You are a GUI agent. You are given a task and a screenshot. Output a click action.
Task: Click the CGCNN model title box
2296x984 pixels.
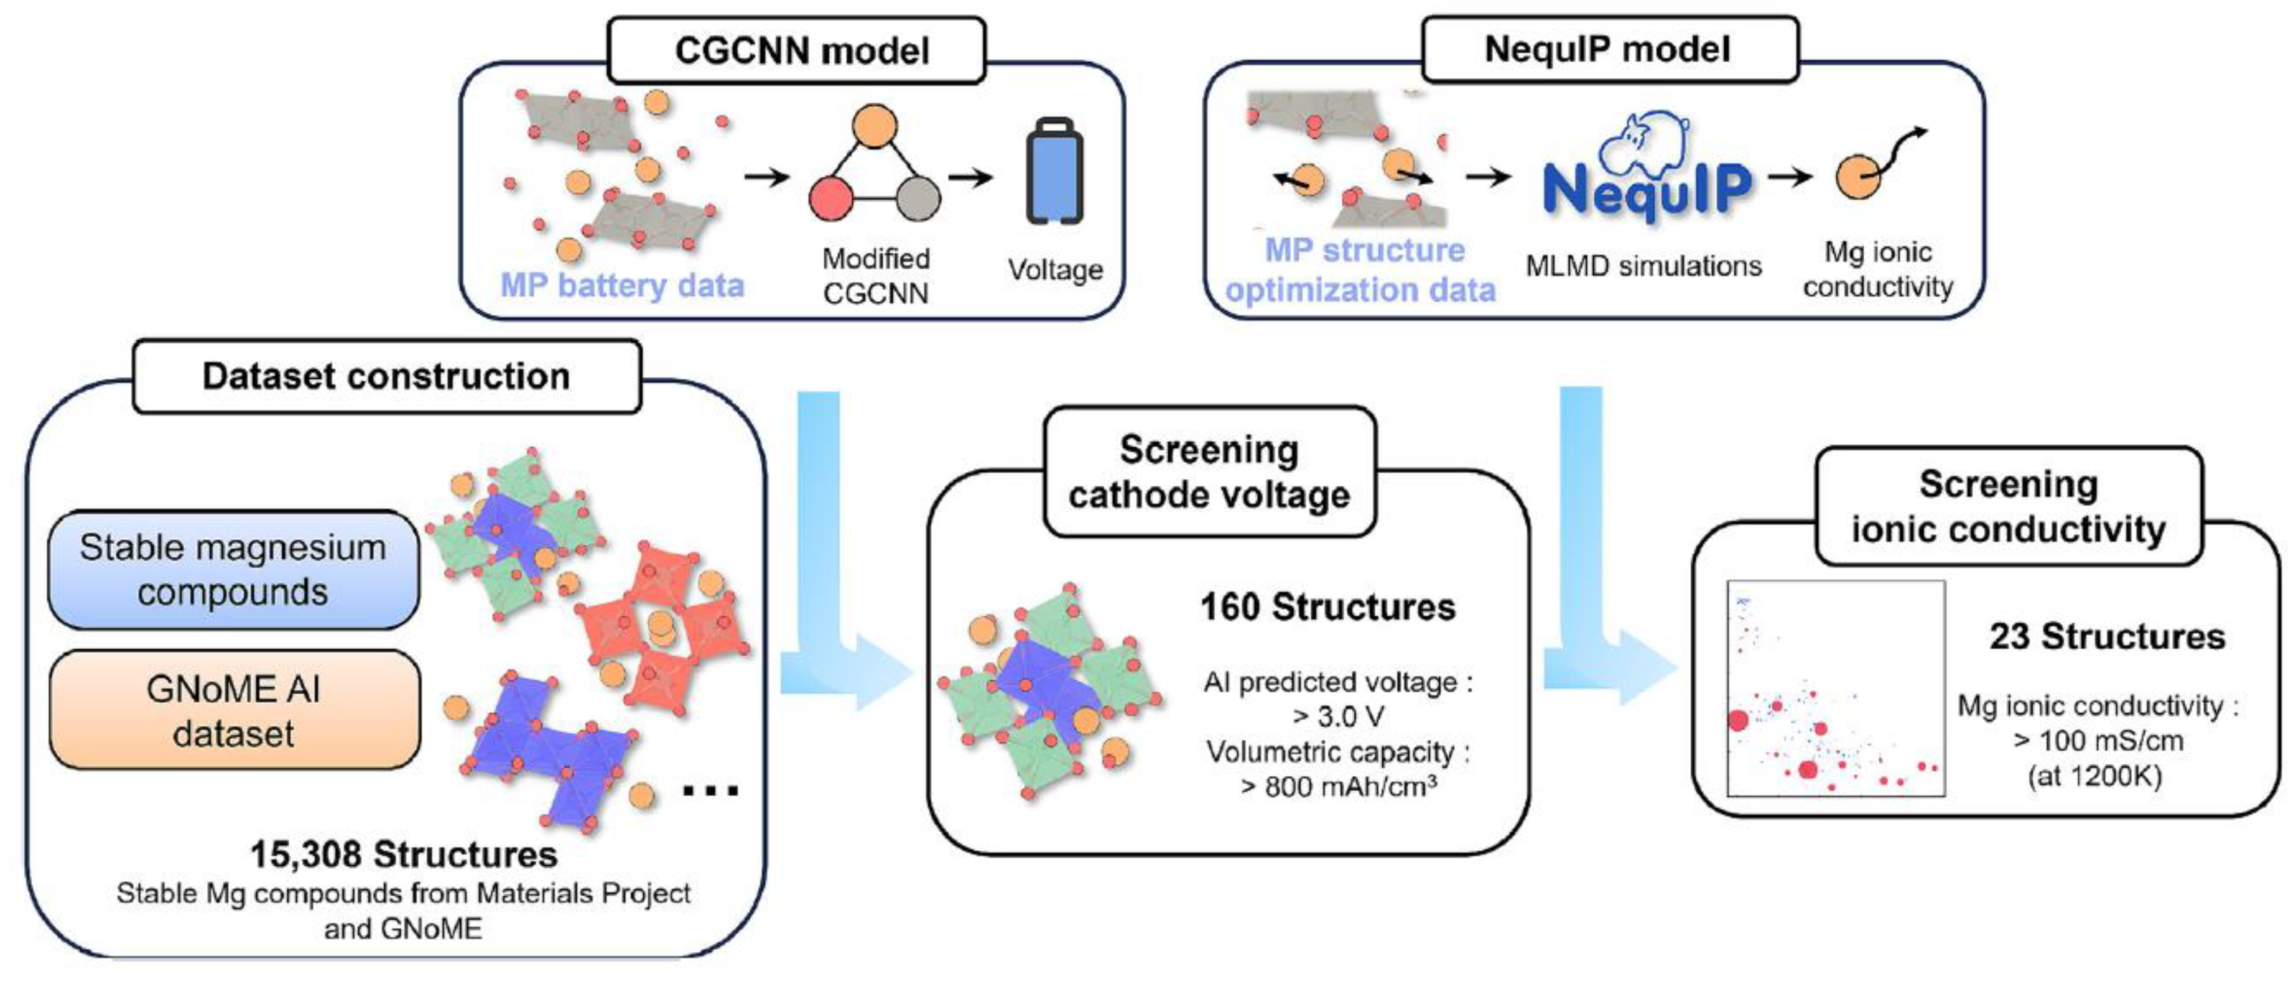click(x=796, y=51)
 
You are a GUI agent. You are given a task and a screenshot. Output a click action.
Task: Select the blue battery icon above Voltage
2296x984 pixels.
click(x=1054, y=173)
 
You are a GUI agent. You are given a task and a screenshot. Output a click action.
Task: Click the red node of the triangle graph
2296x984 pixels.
click(x=830, y=198)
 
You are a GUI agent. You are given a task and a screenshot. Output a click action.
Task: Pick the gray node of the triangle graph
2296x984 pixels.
click(x=918, y=198)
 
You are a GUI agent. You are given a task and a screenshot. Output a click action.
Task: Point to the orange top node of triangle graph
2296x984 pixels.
click(x=875, y=126)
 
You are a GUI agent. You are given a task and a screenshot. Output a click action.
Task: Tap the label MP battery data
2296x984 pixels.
click(x=622, y=285)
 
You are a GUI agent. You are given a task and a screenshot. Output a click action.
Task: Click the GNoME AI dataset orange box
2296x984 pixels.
click(x=233, y=710)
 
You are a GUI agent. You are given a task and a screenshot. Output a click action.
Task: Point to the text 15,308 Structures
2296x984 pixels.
click(x=404, y=854)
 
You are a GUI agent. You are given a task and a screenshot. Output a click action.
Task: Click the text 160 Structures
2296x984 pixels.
click(x=1327, y=607)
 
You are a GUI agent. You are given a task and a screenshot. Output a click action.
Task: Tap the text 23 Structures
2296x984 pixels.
click(x=2106, y=636)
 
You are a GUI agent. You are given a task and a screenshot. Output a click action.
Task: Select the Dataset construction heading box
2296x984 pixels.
click(x=386, y=376)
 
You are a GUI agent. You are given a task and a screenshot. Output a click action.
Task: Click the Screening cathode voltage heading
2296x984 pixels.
click(x=1209, y=471)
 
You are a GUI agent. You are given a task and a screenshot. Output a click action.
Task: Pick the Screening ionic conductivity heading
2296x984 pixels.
click(x=2008, y=506)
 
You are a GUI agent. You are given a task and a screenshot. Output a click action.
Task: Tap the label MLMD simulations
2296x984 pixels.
click(x=1643, y=266)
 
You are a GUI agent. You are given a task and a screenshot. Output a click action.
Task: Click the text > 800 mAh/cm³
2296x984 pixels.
click(x=1337, y=786)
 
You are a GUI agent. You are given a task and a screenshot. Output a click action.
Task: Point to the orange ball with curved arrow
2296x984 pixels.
click(x=1858, y=177)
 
